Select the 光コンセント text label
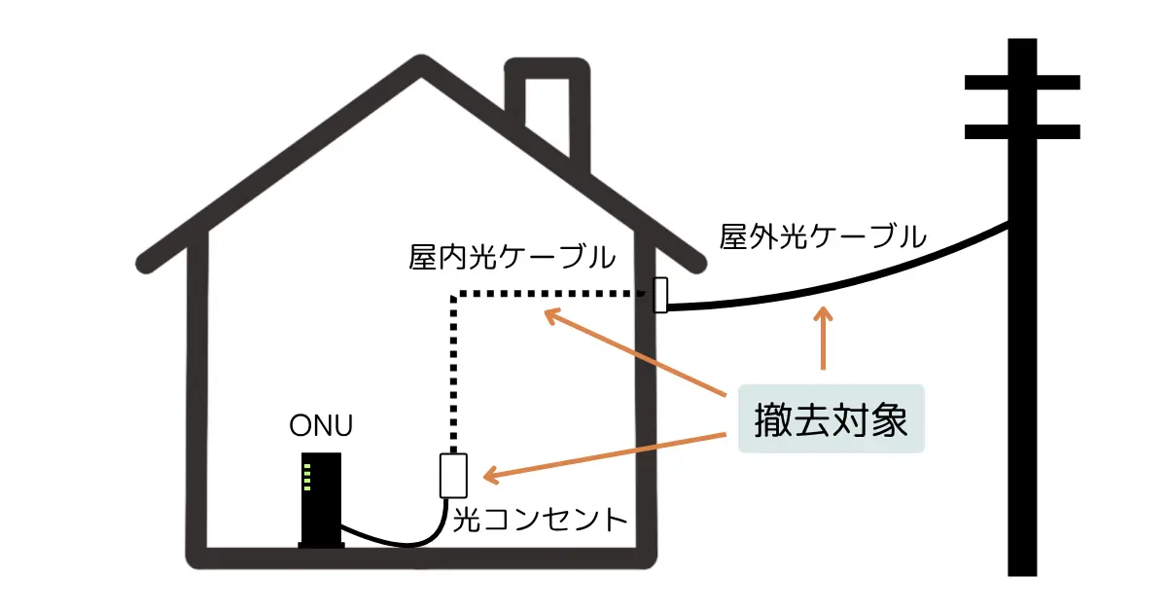pos(541,520)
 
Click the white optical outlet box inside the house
pos(454,476)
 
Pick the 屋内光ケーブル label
pos(512,258)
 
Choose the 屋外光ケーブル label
pos(823,236)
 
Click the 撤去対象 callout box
pos(831,419)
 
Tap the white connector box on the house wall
pos(660,295)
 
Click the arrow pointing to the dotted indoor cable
pos(632,353)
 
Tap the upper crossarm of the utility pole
pos(1021,83)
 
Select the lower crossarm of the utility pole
pos(1021,131)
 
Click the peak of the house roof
pos(422,68)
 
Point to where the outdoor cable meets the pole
pos(1008,227)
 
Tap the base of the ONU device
pos(321,545)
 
